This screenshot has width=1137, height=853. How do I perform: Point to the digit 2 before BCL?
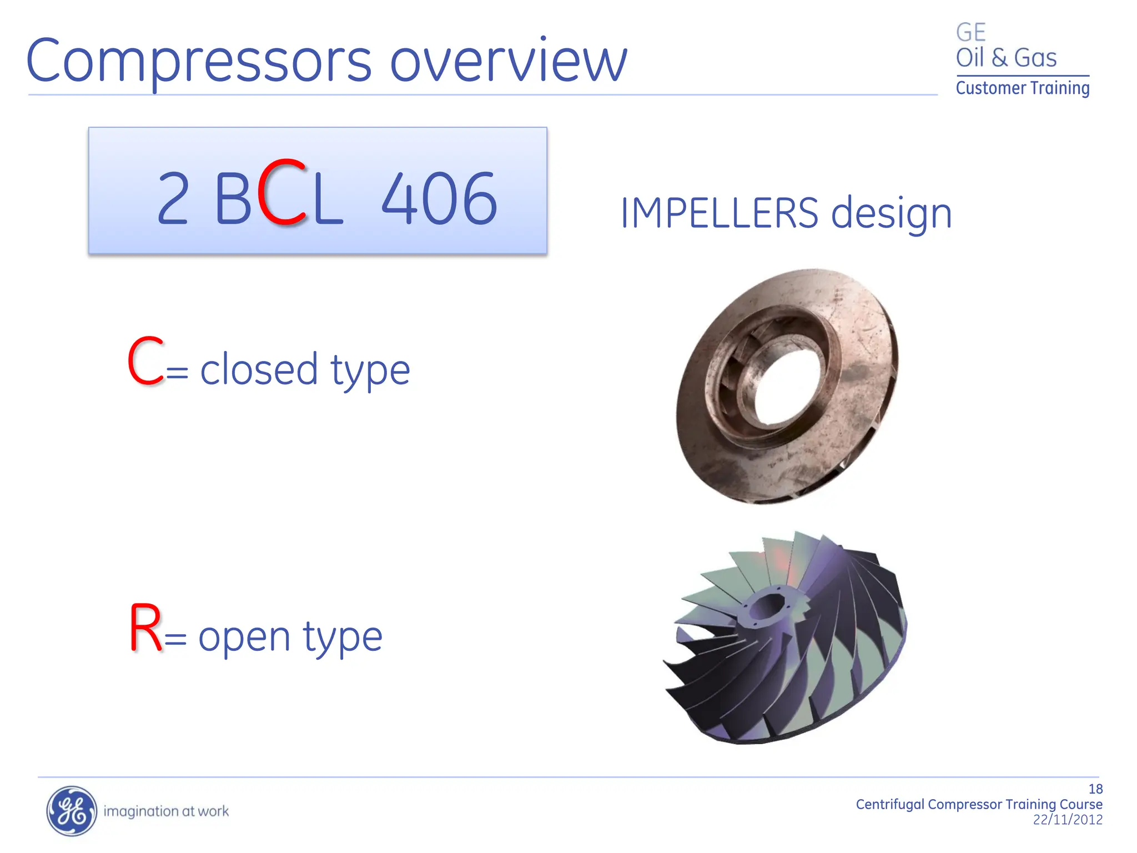[x=173, y=199]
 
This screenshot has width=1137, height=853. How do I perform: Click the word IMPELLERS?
[x=719, y=213]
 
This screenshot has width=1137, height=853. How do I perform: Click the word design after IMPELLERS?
[x=892, y=214]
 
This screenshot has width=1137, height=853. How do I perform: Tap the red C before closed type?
[x=145, y=362]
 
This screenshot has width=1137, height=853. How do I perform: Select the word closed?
[x=259, y=370]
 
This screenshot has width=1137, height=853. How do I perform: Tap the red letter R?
[x=145, y=629]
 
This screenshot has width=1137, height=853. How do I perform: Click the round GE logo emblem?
[x=71, y=811]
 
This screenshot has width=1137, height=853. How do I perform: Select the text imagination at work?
[x=166, y=811]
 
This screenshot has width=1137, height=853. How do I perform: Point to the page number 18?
[x=1095, y=789]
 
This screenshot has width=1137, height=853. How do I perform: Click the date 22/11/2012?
[x=1067, y=820]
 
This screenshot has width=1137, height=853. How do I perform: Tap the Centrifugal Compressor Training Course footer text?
[x=978, y=804]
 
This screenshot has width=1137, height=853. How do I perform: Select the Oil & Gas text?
[x=1005, y=58]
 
